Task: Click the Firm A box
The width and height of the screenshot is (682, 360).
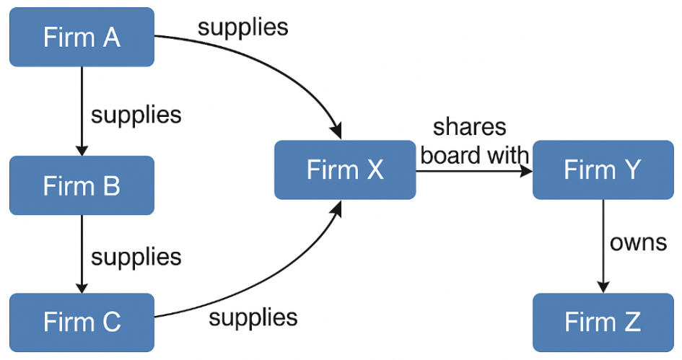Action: (x=82, y=37)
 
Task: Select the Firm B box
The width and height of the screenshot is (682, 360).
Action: (x=82, y=185)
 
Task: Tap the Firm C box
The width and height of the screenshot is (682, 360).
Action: (x=82, y=322)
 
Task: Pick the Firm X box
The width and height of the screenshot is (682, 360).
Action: (x=345, y=170)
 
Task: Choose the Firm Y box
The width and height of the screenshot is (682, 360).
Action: (x=603, y=170)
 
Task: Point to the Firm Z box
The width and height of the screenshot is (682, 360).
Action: (x=603, y=322)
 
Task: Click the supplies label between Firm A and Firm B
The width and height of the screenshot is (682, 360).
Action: (x=136, y=114)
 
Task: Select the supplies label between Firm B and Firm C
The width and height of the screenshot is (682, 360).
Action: (x=136, y=256)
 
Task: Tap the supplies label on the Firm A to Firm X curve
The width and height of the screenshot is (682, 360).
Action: (x=242, y=27)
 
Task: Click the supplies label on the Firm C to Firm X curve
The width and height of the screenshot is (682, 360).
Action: (x=253, y=317)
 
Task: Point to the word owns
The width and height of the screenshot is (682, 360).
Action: (x=638, y=242)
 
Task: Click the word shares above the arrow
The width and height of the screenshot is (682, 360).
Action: (x=469, y=127)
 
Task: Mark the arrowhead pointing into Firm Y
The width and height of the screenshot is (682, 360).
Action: (x=526, y=170)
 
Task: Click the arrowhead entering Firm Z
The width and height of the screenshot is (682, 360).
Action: (x=603, y=287)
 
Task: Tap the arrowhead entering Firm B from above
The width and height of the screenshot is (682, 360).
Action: (x=82, y=149)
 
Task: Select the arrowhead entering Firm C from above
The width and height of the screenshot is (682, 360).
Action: (x=82, y=287)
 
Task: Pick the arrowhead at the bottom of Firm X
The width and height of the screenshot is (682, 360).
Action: (x=336, y=206)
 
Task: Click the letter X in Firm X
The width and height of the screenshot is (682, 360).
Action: (x=375, y=170)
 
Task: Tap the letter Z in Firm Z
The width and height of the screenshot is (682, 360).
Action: (x=632, y=322)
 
